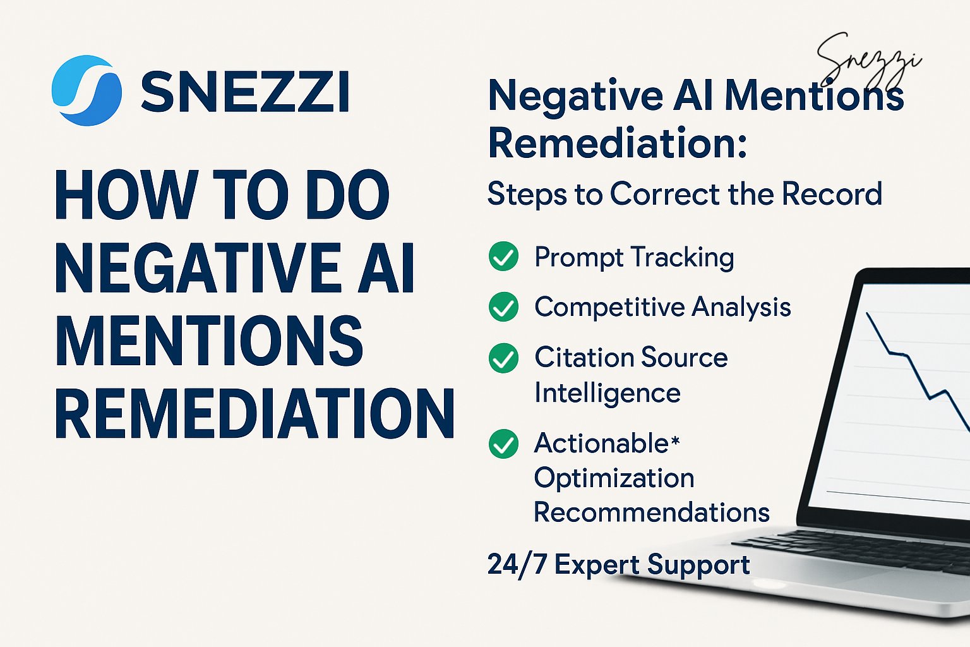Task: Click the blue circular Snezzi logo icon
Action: click(x=87, y=90)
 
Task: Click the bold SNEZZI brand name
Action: click(x=245, y=92)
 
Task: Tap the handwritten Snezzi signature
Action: click(x=868, y=60)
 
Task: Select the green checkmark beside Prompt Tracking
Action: click(x=503, y=257)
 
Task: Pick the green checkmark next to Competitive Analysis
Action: click(x=503, y=307)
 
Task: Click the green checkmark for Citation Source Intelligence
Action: click(x=503, y=358)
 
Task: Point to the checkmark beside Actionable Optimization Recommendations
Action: click(x=503, y=444)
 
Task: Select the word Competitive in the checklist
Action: click(x=609, y=308)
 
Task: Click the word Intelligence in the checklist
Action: click(x=608, y=393)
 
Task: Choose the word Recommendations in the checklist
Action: click(x=652, y=512)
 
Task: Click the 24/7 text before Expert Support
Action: click(x=517, y=564)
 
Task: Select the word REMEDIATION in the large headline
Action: click(x=254, y=414)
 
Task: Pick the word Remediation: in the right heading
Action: click(x=618, y=143)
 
